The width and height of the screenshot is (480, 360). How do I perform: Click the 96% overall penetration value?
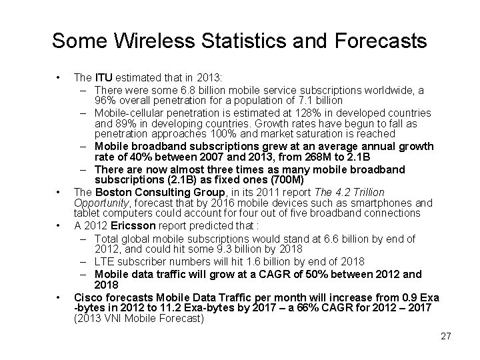(x=105, y=101)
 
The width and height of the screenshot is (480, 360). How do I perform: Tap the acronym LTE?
(x=105, y=262)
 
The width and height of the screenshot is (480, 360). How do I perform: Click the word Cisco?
(x=87, y=296)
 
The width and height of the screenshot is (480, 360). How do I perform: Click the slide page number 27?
(x=445, y=337)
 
